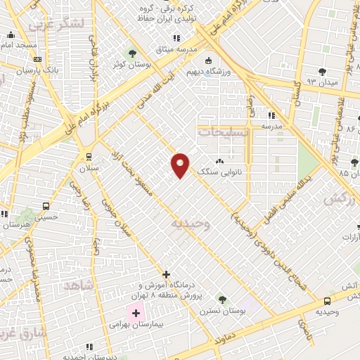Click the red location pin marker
tap(180, 165)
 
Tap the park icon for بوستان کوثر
tap(132, 53)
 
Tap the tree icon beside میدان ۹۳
tap(323, 71)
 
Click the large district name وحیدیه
tap(188, 223)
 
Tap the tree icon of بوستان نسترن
tap(222, 300)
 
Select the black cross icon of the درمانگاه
tap(166, 274)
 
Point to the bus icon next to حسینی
tap(46, 207)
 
